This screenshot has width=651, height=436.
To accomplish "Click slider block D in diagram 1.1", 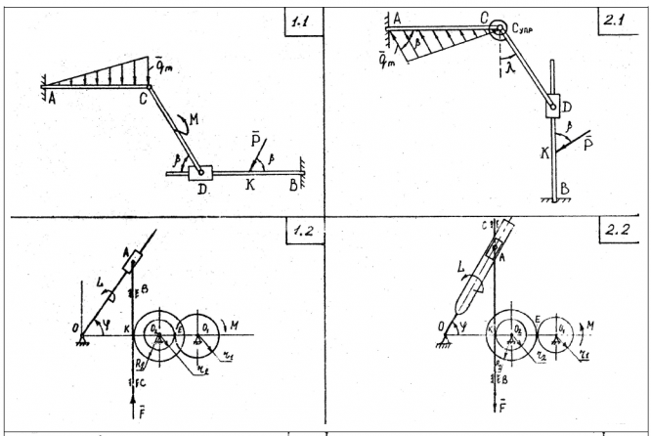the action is pos(199,172).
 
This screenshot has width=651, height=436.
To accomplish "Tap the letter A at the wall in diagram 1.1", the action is pos(51,98).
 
